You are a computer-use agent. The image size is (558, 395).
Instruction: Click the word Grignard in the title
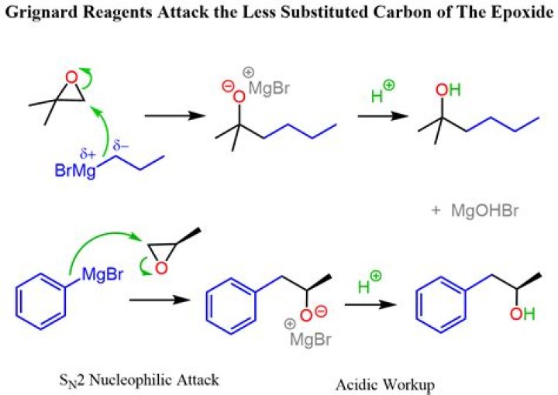coord(42,13)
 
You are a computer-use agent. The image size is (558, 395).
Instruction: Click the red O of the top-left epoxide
coord(72,77)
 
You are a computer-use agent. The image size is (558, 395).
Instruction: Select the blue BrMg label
coord(75,170)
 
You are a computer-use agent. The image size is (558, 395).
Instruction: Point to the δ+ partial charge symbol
coord(88,154)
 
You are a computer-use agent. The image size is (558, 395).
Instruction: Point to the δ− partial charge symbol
coord(120,146)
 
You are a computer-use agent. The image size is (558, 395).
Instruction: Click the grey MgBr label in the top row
coord(269,88)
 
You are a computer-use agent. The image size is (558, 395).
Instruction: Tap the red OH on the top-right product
coord(448,90)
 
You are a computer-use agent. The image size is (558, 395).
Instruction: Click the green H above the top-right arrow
coord(377,96)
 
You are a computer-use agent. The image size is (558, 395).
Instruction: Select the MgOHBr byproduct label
coord(484,211)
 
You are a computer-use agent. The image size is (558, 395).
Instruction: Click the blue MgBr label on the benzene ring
coord(102,274)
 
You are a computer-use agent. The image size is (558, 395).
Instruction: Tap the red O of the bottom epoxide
coord(161,268)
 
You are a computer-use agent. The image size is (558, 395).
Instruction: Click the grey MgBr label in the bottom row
coord(310,339)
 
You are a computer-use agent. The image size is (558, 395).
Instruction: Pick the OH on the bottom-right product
coord(522,314)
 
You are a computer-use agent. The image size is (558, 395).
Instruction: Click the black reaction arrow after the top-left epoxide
coord(175,115)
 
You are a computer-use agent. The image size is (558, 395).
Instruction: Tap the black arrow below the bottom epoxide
coord(160,300)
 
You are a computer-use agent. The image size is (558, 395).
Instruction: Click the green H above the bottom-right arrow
coord(363,287)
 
